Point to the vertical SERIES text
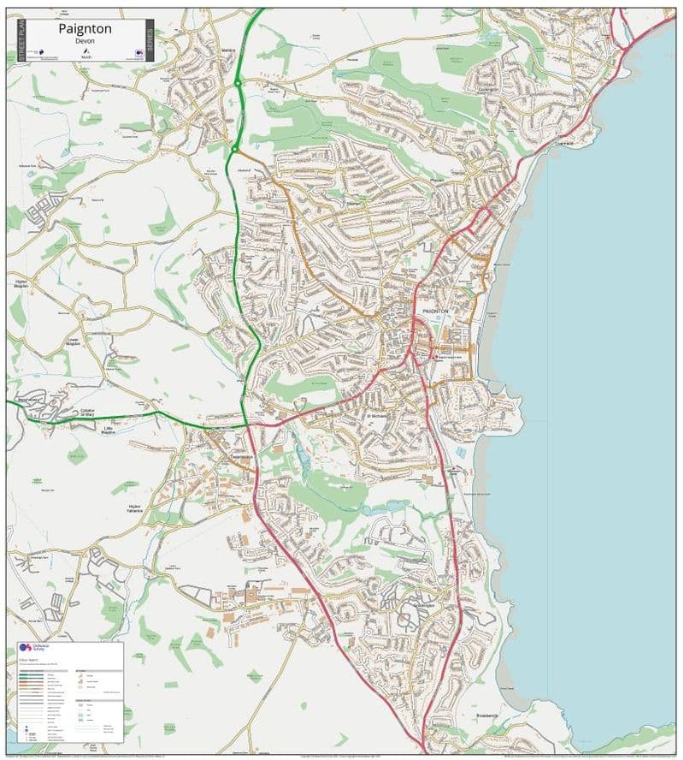pyautogui.click(x=150, y=39)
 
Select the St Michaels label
pyautogui.click(x=377, y=416)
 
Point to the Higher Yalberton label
pyautogui.click(x=133, y=509)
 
